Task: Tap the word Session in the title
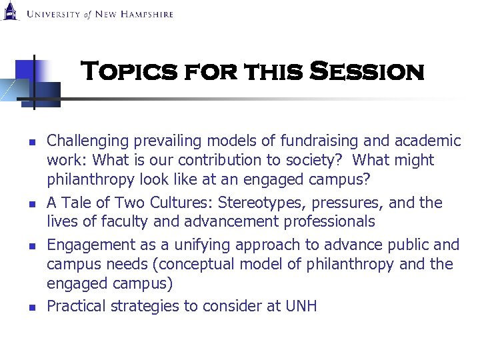pyautogui.click(x=367, y=71)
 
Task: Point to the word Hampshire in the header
pyautogui.click(x=146, y=14)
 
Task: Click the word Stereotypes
pyautogui.click(x=238, y=203)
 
